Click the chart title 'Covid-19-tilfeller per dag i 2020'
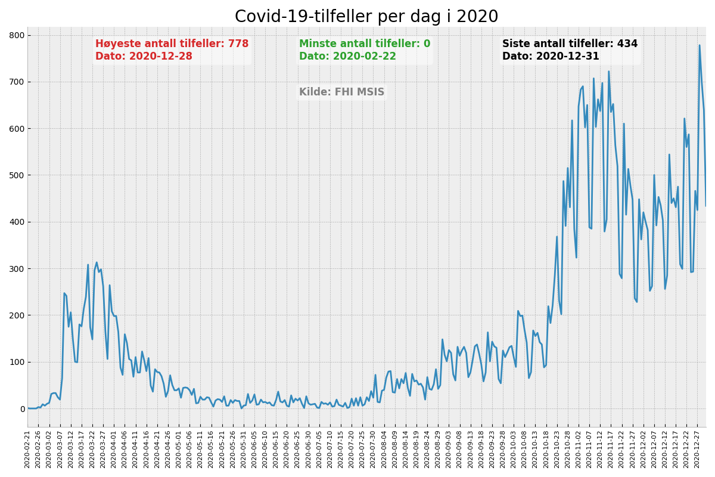[366, 17]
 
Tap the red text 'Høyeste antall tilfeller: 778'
[172, 44]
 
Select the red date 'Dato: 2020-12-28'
[144, 57]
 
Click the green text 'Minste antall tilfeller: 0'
[364, 44]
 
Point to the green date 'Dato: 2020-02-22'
[347, 57]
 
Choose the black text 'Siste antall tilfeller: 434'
[570, 44]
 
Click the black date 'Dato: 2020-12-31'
[551, 57]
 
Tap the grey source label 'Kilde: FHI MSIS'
[341, 92]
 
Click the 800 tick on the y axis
[16, 35]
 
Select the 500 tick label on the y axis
[16, 175]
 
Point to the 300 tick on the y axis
[16, 269]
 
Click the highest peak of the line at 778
[700, 45]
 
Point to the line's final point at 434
[706, 206]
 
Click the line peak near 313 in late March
[97, 262]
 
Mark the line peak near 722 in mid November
[608, 72]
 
